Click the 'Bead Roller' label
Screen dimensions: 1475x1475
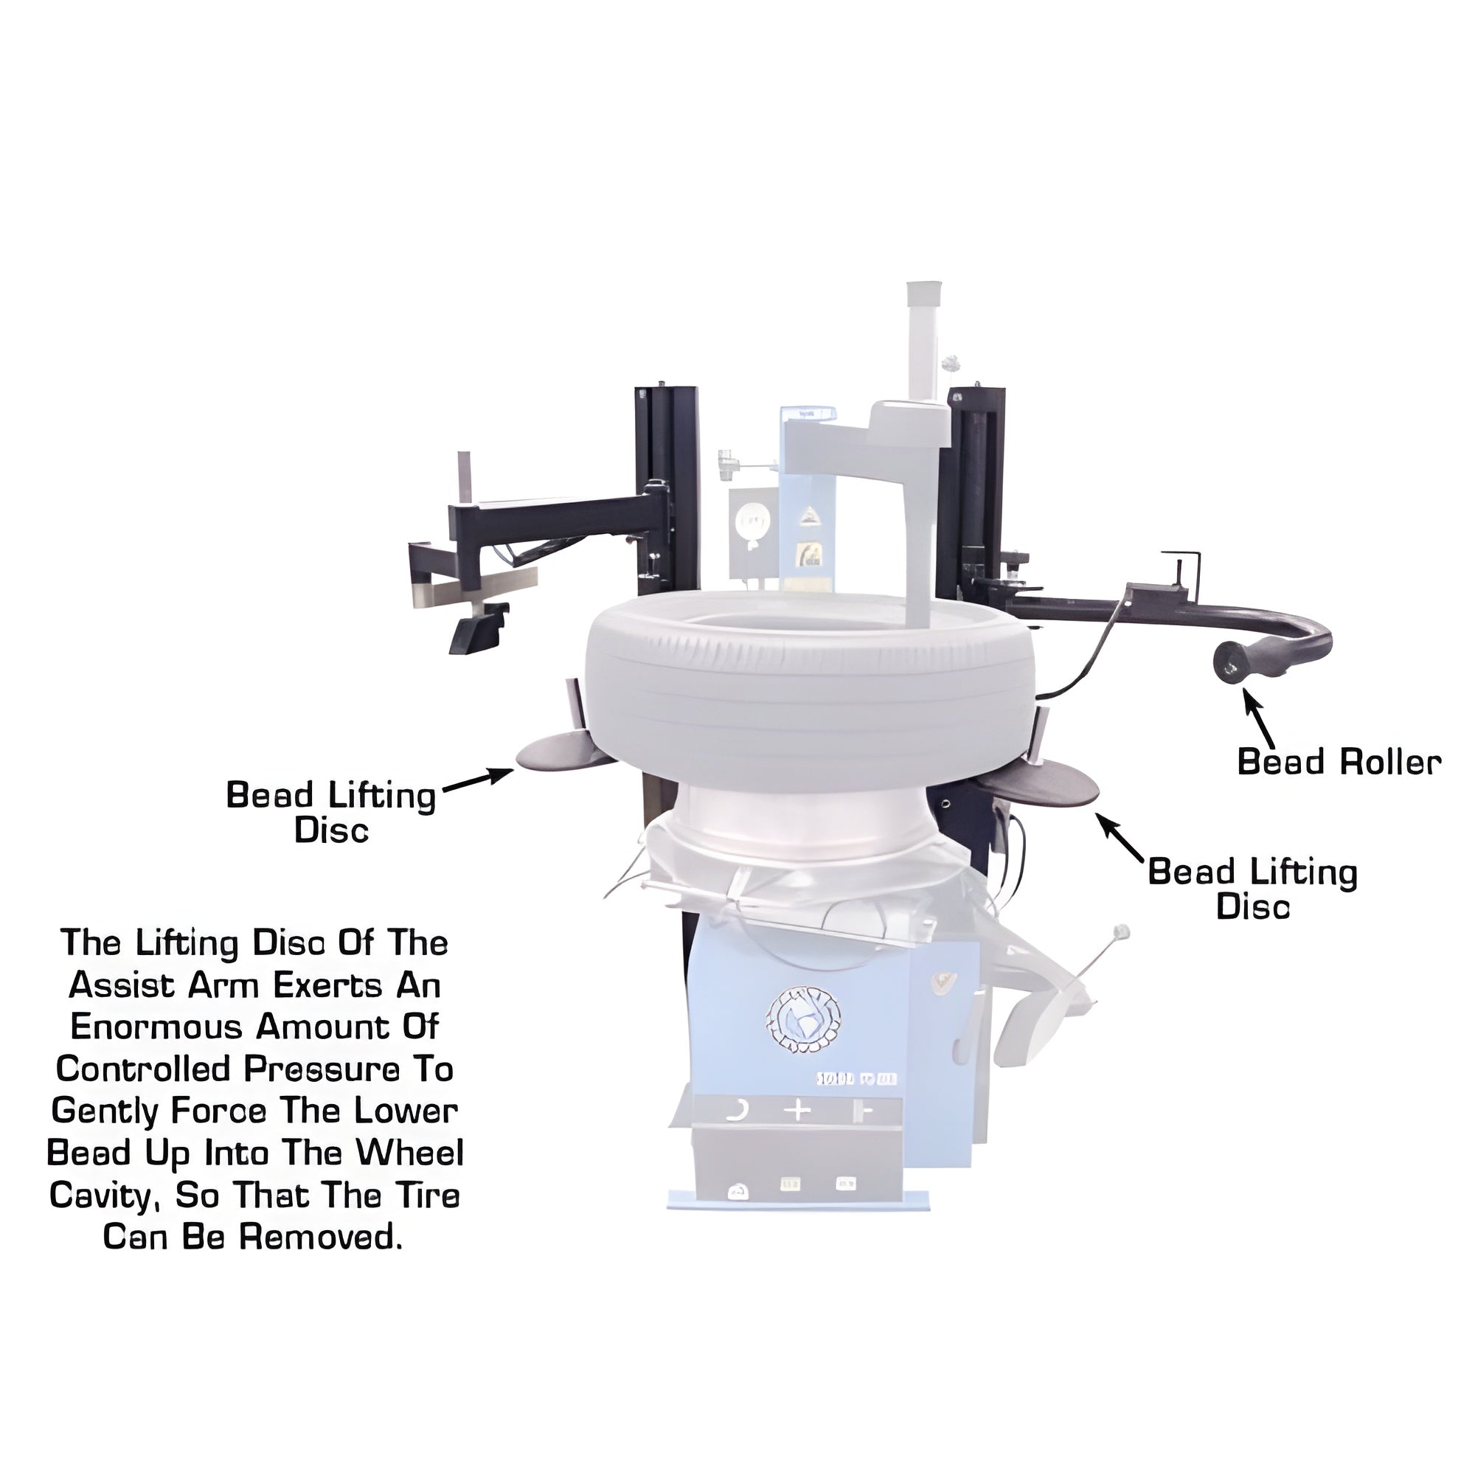pyautogui.click(x=1339, y=762)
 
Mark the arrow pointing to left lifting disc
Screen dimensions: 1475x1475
pyautogui.click(x=479, y=780)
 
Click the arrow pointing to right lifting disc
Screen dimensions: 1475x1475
pyautogui.click(x=1121, y=838)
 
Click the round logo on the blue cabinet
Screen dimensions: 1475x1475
pyautogui.click(x=803, y=1019)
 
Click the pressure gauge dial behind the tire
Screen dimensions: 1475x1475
pyautogui.click(x=751, y=524)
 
